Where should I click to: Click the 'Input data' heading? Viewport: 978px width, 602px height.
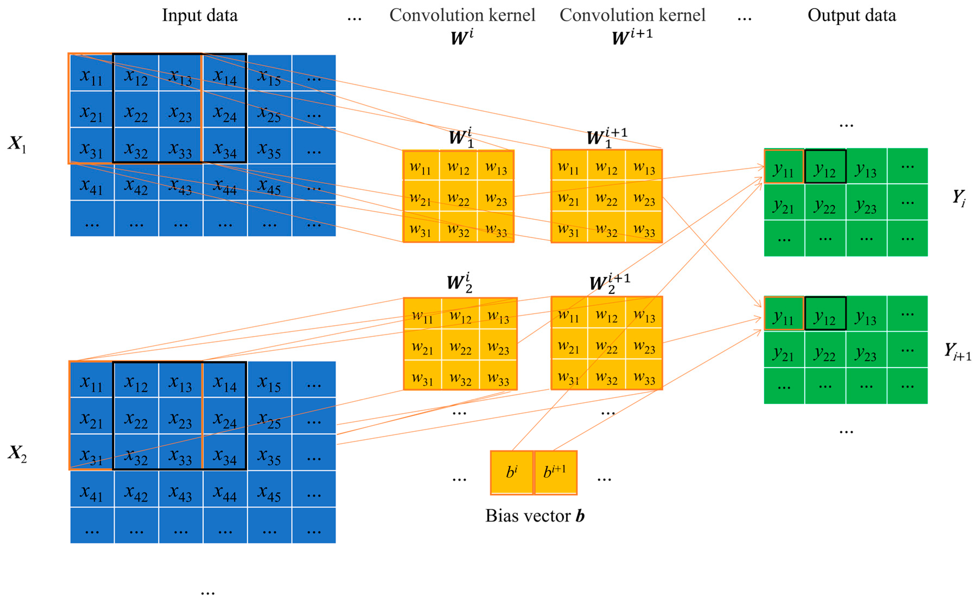(x=200, y=15)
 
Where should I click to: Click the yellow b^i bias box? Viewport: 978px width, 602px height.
(x=512, y=472)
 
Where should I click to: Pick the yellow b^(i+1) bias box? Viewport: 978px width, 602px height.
(x=555, y=472)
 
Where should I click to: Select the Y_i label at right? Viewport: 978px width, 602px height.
(x=958, y=198)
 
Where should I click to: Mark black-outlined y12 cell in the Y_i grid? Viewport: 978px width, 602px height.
(x=825, y=166)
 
